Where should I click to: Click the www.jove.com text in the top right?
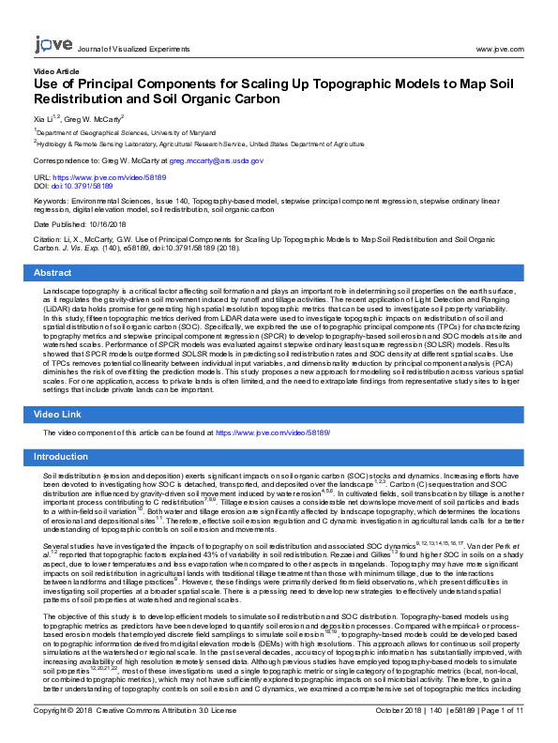[499, 48]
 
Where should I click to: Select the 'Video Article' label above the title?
[56, 71]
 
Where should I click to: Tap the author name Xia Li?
[46, 119]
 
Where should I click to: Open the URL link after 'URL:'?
[110, 176]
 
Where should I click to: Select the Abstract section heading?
[53, 273]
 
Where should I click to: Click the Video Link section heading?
[57, 414]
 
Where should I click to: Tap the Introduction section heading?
[61, 457]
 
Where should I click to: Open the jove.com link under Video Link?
[273, 433]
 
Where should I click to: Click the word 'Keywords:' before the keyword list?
[51, 201]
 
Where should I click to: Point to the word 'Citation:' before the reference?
[49, 241]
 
